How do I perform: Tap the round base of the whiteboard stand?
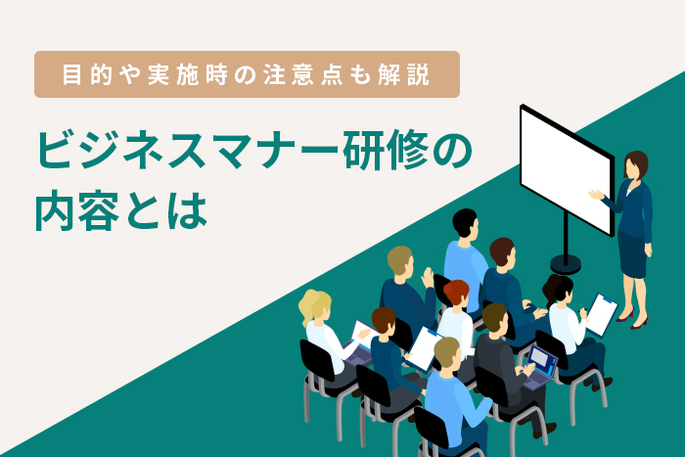(x=566, y=264)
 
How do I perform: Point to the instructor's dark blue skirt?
(x=634, y=262)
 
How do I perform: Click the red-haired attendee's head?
(x=456, y=293)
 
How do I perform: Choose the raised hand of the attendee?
(x=428, y=277)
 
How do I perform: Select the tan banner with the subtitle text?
(x=246, y=74)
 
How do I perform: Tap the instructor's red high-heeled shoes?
(x=639, y=320)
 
